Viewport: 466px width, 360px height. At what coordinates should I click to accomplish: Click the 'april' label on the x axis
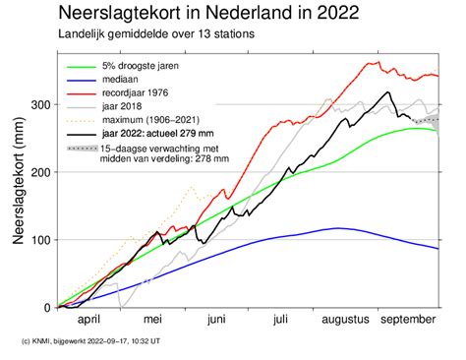[x=89, y=320]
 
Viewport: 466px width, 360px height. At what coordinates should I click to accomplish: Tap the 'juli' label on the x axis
[x=281, y=320]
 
